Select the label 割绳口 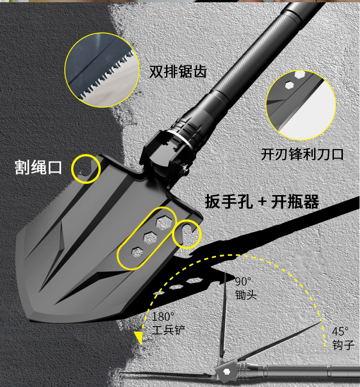(x=38, y=167)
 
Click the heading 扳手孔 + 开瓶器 (x=262, y=201)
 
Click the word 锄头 (x=246, y=295)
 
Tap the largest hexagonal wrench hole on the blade (x=161, y=222)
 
